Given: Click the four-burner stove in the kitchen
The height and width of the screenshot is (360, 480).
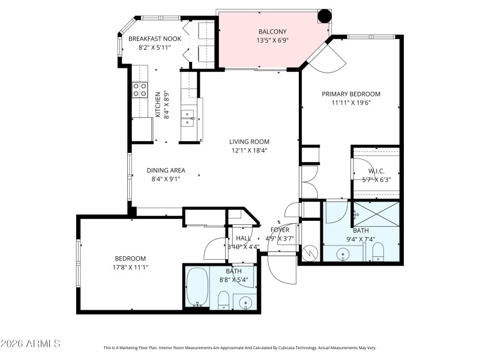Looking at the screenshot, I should point(140,90).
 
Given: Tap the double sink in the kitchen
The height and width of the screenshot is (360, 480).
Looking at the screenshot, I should point(188,118).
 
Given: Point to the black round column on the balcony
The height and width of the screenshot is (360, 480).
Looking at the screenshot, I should point(325,16).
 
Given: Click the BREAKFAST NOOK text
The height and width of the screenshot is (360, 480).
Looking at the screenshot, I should point(155,39).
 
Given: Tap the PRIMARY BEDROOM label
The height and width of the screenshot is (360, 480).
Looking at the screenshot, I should point(351,94).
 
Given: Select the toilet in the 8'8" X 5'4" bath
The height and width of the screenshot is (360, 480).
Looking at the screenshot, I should point(223,300).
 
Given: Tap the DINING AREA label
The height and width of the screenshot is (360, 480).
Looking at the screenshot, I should point(166,170).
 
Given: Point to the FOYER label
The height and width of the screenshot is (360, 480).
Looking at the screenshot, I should point(280,230).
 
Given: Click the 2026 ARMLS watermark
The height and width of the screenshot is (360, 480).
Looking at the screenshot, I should point(31,344).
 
